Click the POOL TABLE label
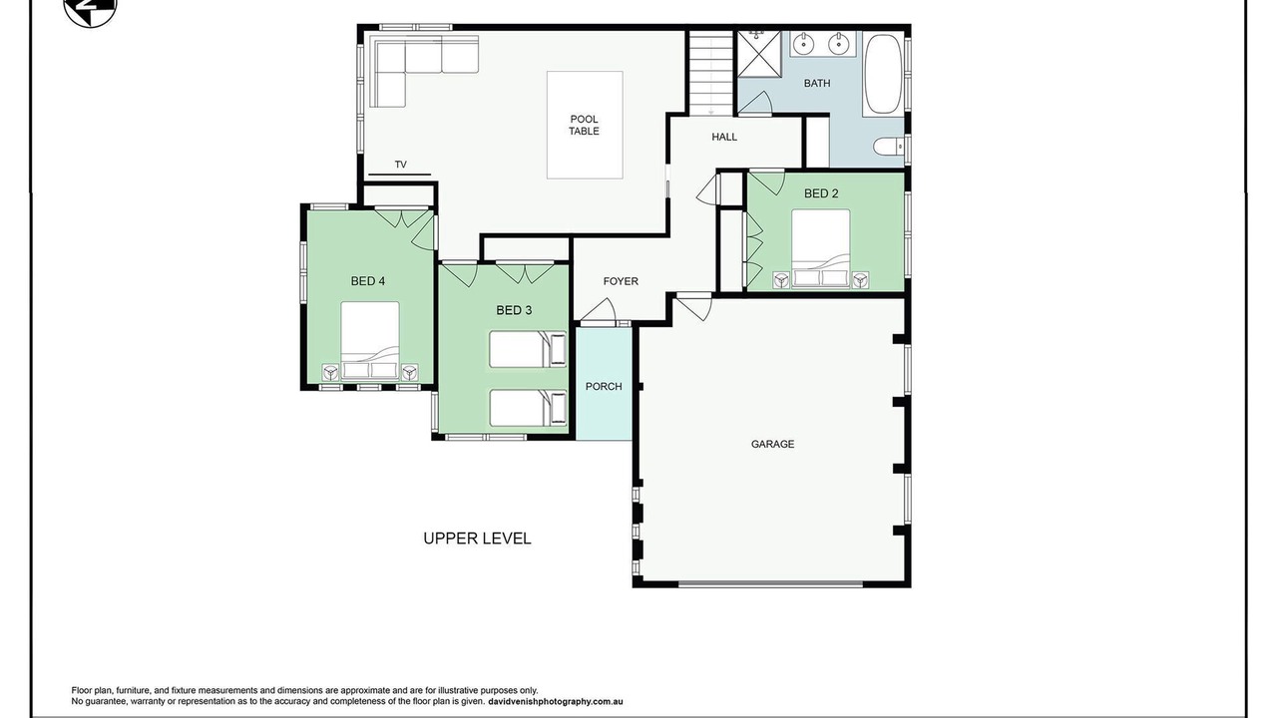584,125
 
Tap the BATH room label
817,83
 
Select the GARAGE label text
772,444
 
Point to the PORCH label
604,386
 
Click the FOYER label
621,281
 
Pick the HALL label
724,137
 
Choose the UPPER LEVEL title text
477,538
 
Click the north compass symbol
90,10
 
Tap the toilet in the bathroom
889,146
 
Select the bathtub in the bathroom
883,75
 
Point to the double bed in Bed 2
821,249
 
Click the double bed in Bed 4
370,341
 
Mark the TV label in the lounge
401,165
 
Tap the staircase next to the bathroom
711,73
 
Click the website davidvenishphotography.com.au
556,701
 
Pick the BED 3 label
514,310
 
